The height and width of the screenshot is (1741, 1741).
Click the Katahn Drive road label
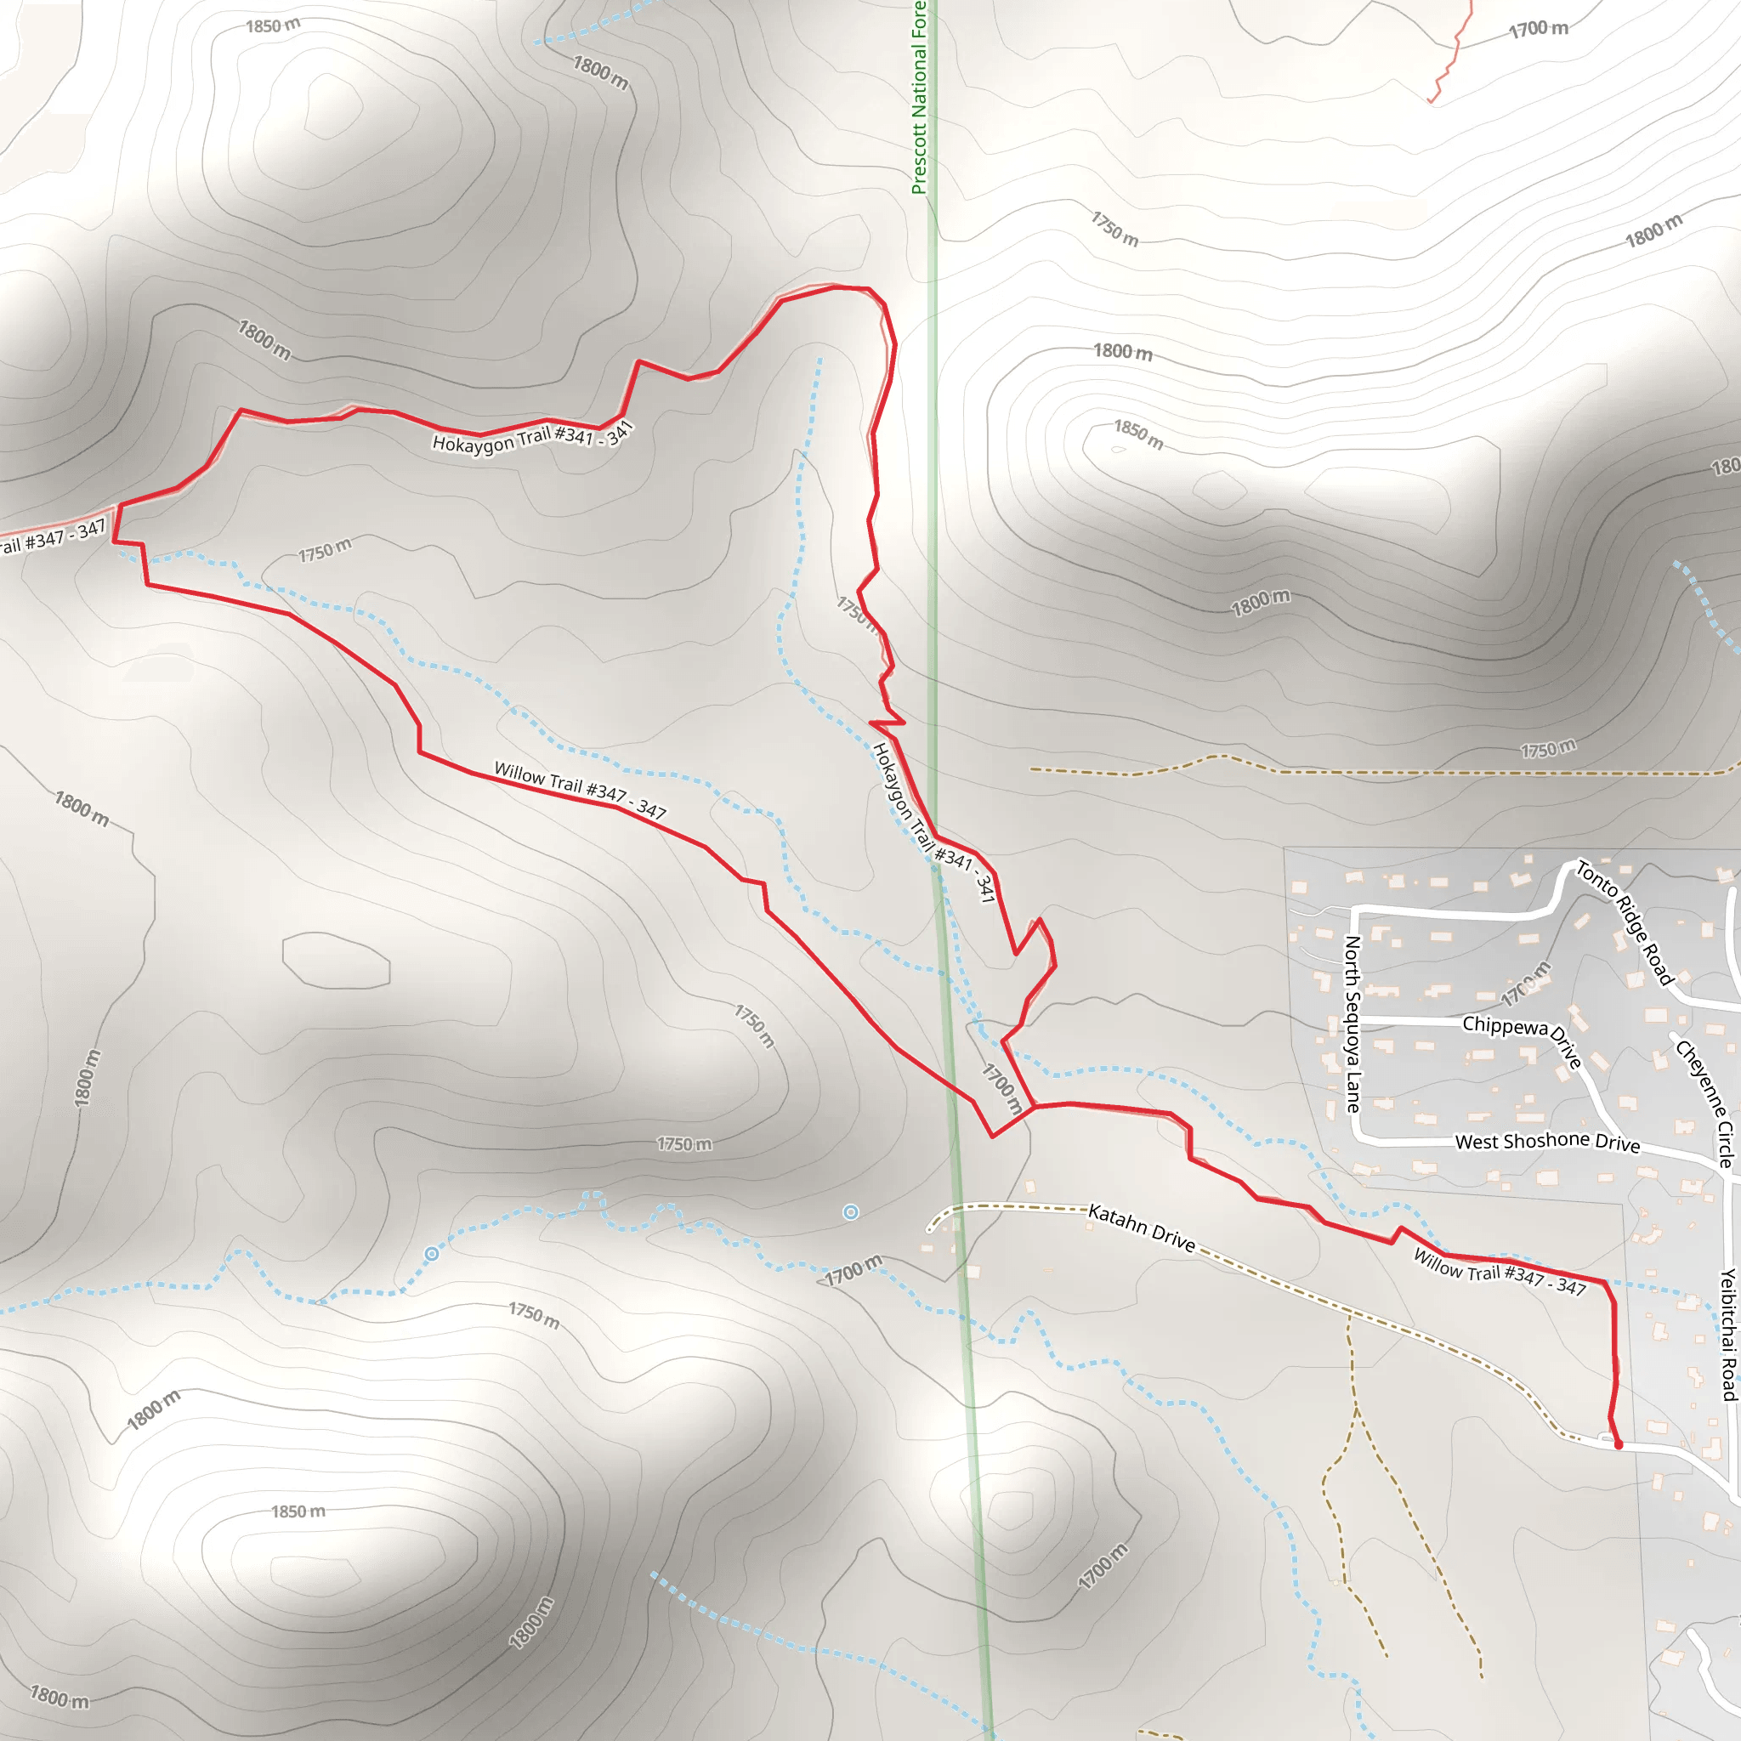1141,1228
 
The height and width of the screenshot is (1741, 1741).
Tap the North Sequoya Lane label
1352,1024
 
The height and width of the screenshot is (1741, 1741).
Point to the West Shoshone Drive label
1547,1142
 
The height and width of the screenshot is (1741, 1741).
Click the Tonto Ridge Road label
1624,922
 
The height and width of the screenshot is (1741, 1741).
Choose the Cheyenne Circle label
1705,1103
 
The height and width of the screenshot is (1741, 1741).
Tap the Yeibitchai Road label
1727,1335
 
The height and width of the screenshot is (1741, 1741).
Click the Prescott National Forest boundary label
918,97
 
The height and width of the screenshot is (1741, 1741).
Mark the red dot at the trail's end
1619,1444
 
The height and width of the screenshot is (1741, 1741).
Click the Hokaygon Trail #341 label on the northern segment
532,436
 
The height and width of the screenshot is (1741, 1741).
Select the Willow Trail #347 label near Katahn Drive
1500,1272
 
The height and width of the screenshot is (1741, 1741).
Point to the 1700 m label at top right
1540,29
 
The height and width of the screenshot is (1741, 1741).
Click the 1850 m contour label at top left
273,26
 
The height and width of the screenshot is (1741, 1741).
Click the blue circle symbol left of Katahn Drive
851,1212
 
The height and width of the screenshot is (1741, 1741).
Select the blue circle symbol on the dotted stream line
432,1254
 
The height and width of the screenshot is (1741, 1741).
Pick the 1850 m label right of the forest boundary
1139,434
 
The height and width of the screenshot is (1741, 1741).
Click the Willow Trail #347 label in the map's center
581,791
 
